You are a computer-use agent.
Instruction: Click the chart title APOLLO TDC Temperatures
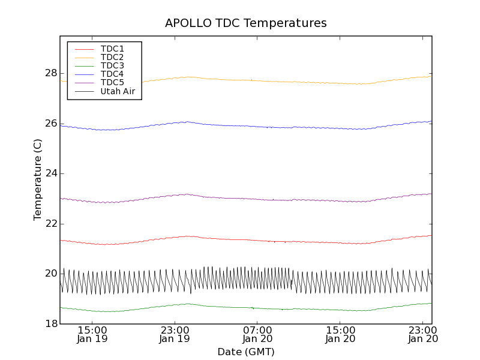point(246,23)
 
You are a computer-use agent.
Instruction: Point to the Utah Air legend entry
point(118,91)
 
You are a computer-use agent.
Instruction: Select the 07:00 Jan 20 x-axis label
point(257,334)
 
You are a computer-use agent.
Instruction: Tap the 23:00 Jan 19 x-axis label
point(175,334)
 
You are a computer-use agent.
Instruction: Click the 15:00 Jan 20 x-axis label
point(340,334)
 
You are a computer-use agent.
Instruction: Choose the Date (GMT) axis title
point(246,352)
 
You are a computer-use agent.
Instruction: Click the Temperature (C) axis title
point(38,180)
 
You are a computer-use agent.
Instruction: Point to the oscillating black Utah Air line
point(240,280)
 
